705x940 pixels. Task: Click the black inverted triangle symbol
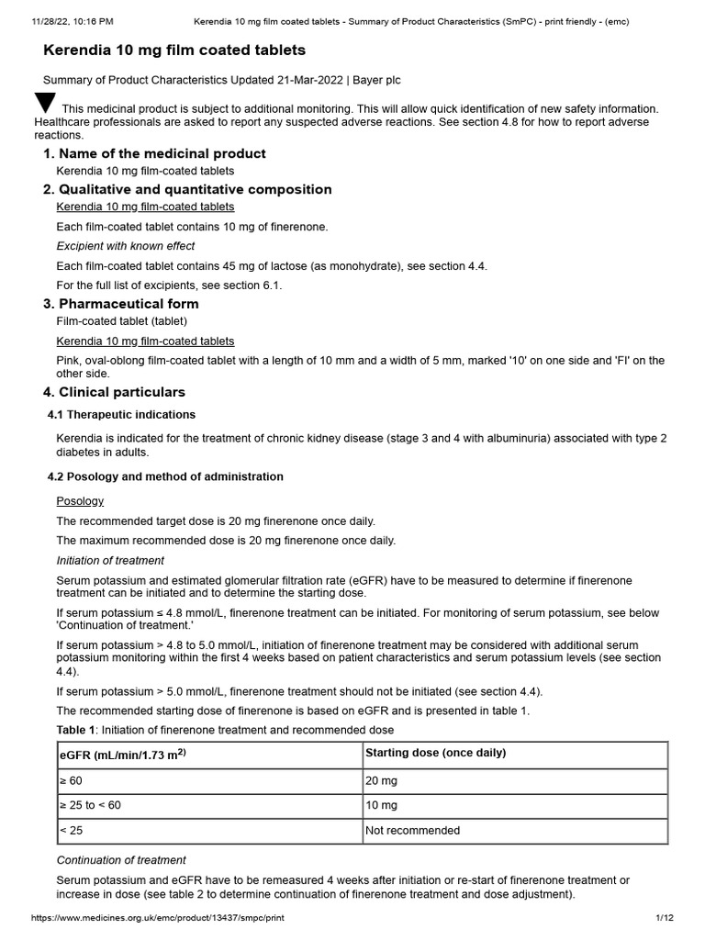[45, 103]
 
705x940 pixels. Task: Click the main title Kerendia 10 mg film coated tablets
[174, 50]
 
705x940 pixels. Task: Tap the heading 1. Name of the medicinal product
[154, 153]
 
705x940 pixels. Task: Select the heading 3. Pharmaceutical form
[120, 304]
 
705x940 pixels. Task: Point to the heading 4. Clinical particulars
[114, 393]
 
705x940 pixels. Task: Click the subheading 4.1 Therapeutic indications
[121, 415]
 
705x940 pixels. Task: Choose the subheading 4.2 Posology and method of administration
[165, 477]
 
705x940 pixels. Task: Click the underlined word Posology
[80, 501]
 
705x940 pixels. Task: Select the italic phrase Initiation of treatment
[110, 561]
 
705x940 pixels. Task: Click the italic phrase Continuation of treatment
[121, 860]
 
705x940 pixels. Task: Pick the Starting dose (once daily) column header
[435, 754]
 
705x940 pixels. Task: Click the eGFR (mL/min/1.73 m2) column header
[124, 755]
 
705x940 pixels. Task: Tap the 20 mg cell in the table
[381, 780]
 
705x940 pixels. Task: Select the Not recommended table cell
[412, 831]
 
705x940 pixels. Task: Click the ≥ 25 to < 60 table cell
[89, 805]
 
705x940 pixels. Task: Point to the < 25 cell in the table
[70, 831]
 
